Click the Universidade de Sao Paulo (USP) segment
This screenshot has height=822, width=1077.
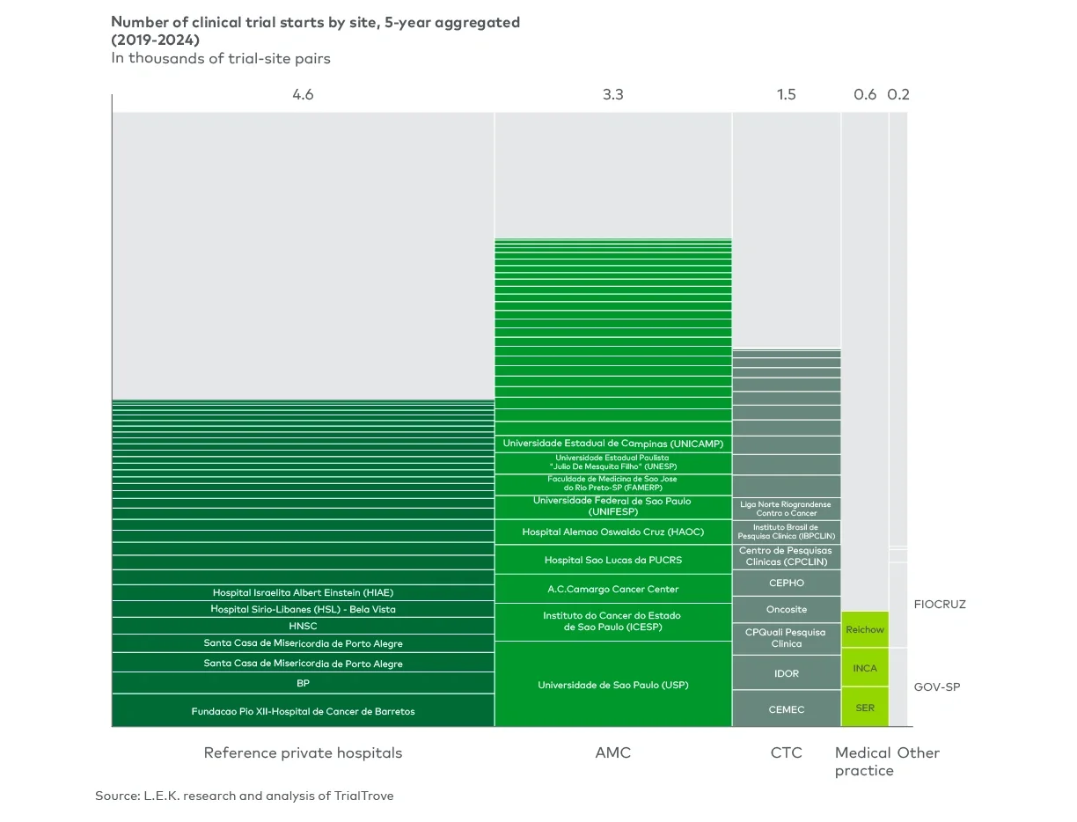click(612, 685)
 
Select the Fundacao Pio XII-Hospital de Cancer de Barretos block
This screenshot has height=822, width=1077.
click(303, 710)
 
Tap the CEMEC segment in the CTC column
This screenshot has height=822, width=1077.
click(786, 709)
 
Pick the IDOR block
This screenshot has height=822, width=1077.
click(786, 673)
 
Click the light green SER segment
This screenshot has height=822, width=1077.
click(864, 708)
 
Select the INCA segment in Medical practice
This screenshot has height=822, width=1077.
click(864, 668)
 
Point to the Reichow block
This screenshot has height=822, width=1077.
click(864, 630)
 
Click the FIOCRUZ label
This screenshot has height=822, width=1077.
click(939, 605)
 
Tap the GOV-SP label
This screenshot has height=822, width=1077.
click(936, 686)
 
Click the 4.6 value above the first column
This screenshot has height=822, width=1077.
click(303, 94)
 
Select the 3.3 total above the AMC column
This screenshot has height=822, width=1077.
click(612, 94)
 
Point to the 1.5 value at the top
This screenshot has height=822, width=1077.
click(786, 94)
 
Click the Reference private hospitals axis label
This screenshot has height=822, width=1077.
click(303, 752)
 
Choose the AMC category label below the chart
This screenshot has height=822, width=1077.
click(612, 752)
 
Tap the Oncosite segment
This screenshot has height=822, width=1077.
click(786, 609)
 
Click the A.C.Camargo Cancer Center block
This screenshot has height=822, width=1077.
click(612, 589)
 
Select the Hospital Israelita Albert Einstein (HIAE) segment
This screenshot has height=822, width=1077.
click(303, 592)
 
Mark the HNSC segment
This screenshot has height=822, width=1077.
click(303, 626)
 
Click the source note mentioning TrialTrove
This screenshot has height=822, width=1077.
click(245, 796)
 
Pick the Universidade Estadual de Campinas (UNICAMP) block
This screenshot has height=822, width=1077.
click(612, 444)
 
